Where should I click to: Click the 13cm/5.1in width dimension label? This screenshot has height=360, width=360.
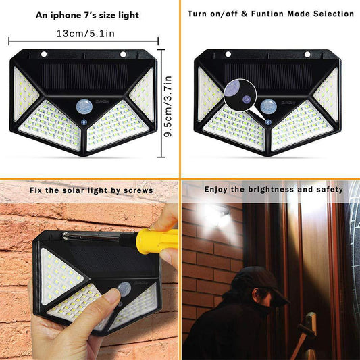coord(85,33)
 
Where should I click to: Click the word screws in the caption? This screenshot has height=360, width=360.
coord(140,190)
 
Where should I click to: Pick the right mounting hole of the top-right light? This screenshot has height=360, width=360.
coord(307,55)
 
